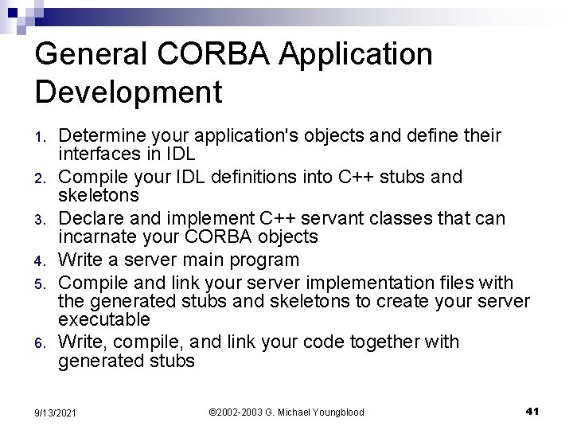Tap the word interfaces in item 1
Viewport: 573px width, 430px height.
pyautogui.click(x=98, y=154)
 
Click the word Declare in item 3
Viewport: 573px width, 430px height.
pyautogui.click(x=90, y=218)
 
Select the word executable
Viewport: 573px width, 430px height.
pyautogui.click(x=104, y=319)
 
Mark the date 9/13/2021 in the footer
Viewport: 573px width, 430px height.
pyautogui.click(x=55, y=412)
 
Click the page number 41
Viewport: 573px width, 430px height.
pyautogui.click(x=533, y=411)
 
